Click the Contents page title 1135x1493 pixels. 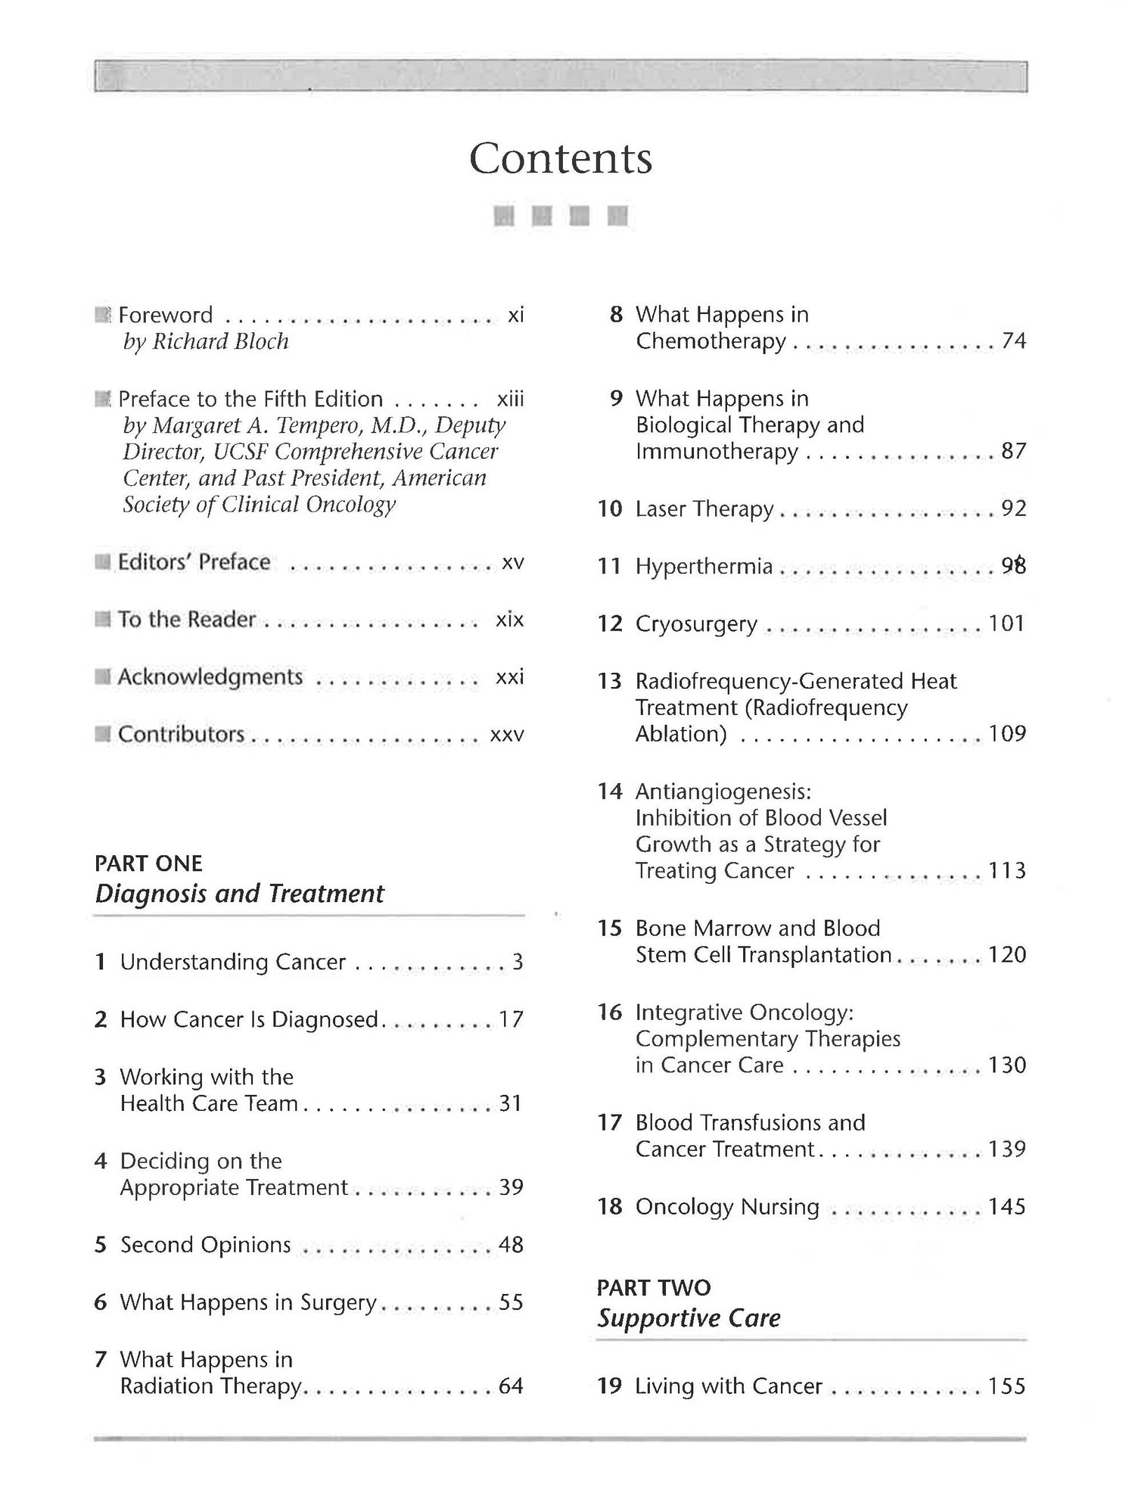click(560, 158)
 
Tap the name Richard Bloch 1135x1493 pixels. click(220, 341)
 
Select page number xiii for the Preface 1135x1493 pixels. click(510, 399)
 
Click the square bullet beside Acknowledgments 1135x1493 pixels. click(103, 677)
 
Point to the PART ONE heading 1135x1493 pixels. click(148, 863)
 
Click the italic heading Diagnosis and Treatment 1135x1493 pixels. click(239, 894)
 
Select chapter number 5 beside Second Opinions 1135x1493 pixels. click(101, 1245)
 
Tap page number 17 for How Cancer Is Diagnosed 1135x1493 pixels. click(511, 1019)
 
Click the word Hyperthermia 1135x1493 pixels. click(704, 566)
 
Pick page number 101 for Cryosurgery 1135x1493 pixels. click(1007, 624)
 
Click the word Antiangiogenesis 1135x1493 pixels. click(723, 792)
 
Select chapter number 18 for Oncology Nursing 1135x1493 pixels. click(609, 1206)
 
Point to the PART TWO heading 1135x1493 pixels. click(654, 1287)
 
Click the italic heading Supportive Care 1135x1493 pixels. click(689, 1318)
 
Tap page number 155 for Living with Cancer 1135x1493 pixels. click(1007, 1386)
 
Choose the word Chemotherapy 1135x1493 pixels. click(711, 341)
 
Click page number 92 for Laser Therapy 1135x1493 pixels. click(1014, 509)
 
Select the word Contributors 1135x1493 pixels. click(181, 734)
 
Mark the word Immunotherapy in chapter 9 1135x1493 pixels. click(717, 452)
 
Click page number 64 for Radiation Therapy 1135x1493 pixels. click(511, 1386)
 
